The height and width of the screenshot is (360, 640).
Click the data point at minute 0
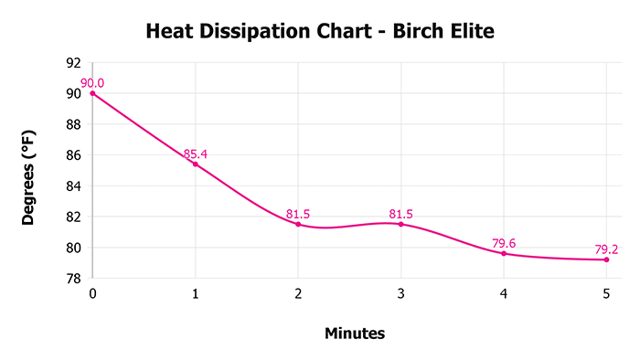[92, 93]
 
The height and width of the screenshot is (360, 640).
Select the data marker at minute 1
[195, 164]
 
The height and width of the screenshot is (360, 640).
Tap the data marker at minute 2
[298, 224]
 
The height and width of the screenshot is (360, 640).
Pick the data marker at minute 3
[400, 224]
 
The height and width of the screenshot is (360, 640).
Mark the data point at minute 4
[504, 253]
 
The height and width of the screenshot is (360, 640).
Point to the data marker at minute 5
[606, 259]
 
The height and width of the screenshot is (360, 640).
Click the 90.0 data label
[92, 83]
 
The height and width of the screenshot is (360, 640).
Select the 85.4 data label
[195, 154]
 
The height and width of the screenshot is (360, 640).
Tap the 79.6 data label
[504, 243]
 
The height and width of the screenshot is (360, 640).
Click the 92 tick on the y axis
[74, 63]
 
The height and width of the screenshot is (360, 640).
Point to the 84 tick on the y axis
[74, 186]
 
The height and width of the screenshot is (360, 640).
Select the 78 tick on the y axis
[74, 279]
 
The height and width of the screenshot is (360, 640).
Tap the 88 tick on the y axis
[74, 124]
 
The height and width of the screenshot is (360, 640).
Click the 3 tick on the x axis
[400, 293]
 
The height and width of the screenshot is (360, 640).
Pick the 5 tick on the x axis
[606, 293]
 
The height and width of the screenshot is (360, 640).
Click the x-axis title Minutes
[355, 334]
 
